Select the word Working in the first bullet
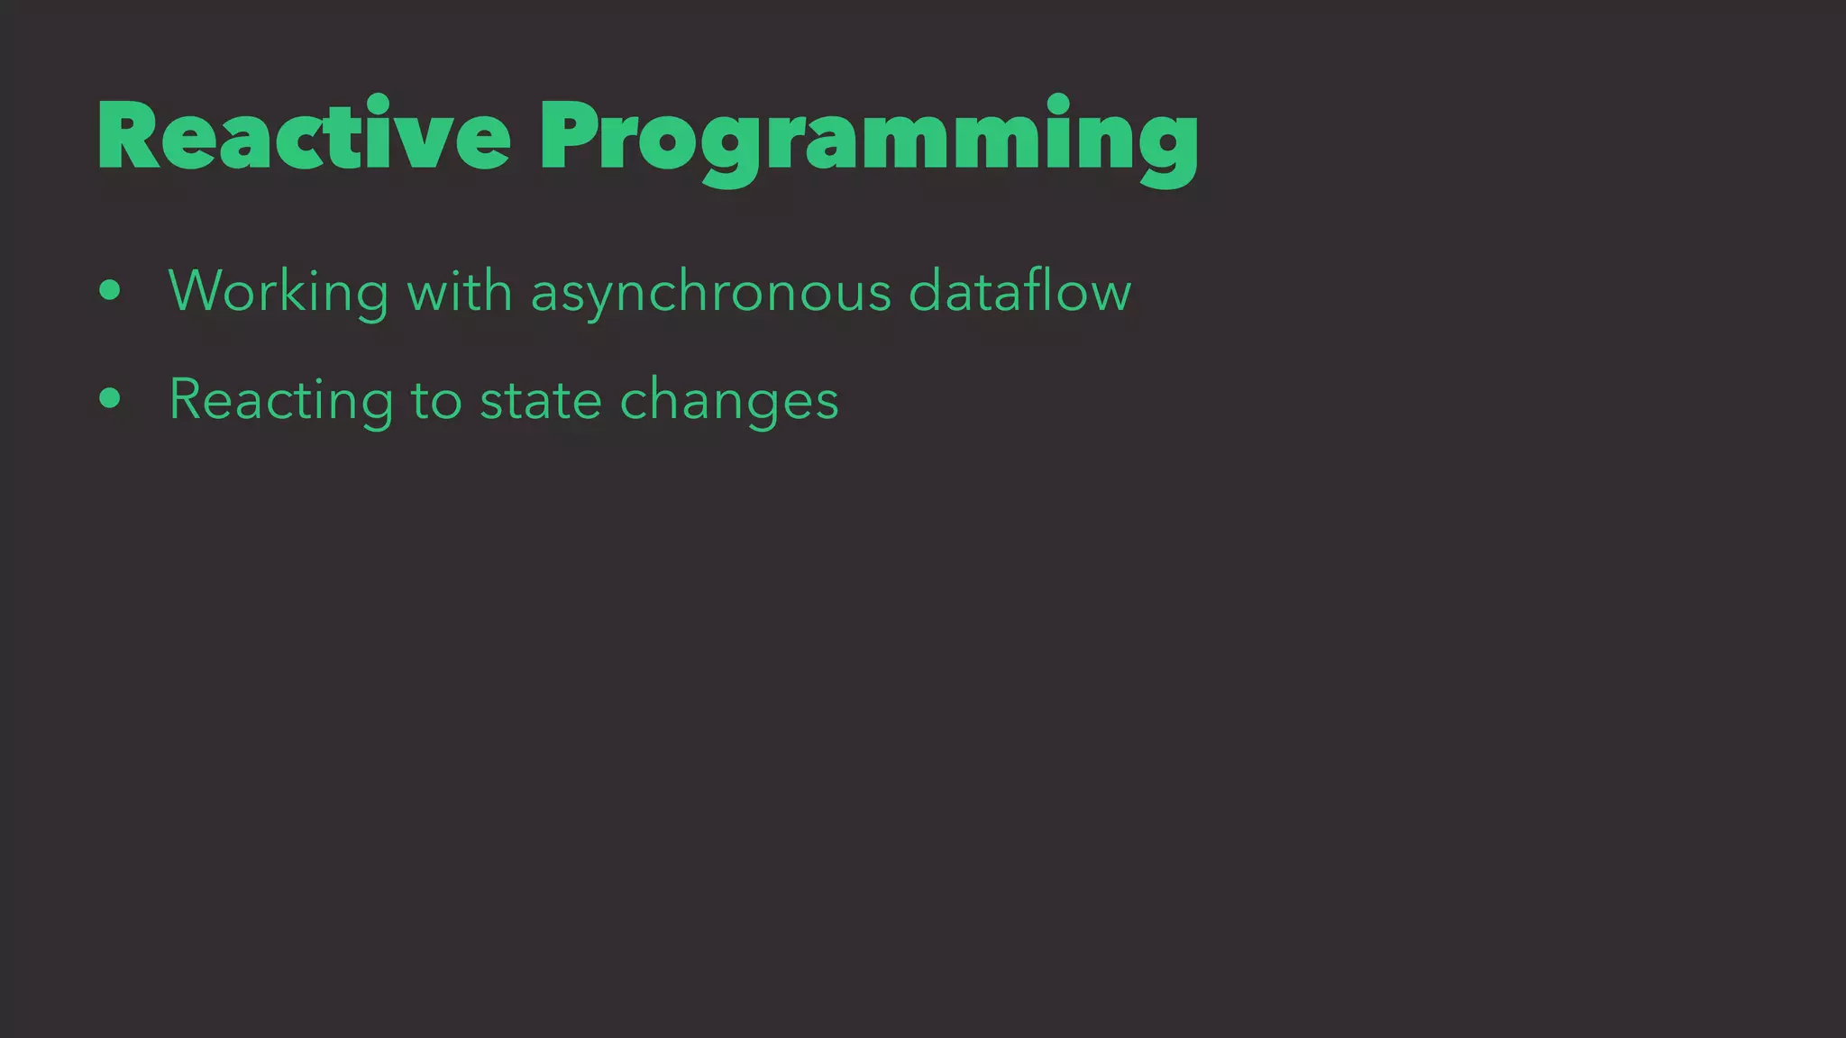(x=279, y=291)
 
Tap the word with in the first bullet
(x=460, y=291)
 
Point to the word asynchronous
(x=710, y=291)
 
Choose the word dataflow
(x=1019, y=291)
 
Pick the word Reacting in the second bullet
(x=281, y=399)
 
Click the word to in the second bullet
(x=436, y=399)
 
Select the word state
(x=541, y=399)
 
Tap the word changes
(x=729, y=399)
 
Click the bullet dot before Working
(x=110, y=290)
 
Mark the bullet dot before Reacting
(x=110, y=398)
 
